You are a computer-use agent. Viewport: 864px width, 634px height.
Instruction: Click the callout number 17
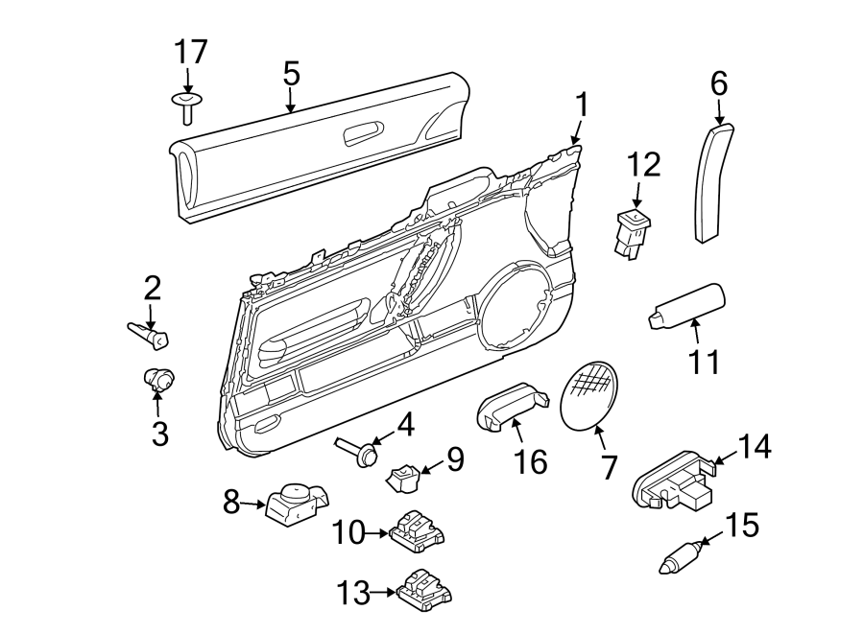click(189, 52)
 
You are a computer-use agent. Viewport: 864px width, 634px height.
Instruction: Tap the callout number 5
click(291, 73)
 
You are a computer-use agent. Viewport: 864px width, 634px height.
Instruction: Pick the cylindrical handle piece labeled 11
click(688, 306)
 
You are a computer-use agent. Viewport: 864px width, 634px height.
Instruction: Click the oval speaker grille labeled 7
click(588, 397)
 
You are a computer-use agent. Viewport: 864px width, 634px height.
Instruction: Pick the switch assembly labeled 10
click(418, 530)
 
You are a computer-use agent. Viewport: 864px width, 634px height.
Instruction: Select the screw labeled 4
click(355, 451)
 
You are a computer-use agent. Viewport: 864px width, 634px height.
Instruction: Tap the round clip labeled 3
click(156, 379)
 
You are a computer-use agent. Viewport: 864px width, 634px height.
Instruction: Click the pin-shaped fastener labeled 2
click(150, 333)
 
